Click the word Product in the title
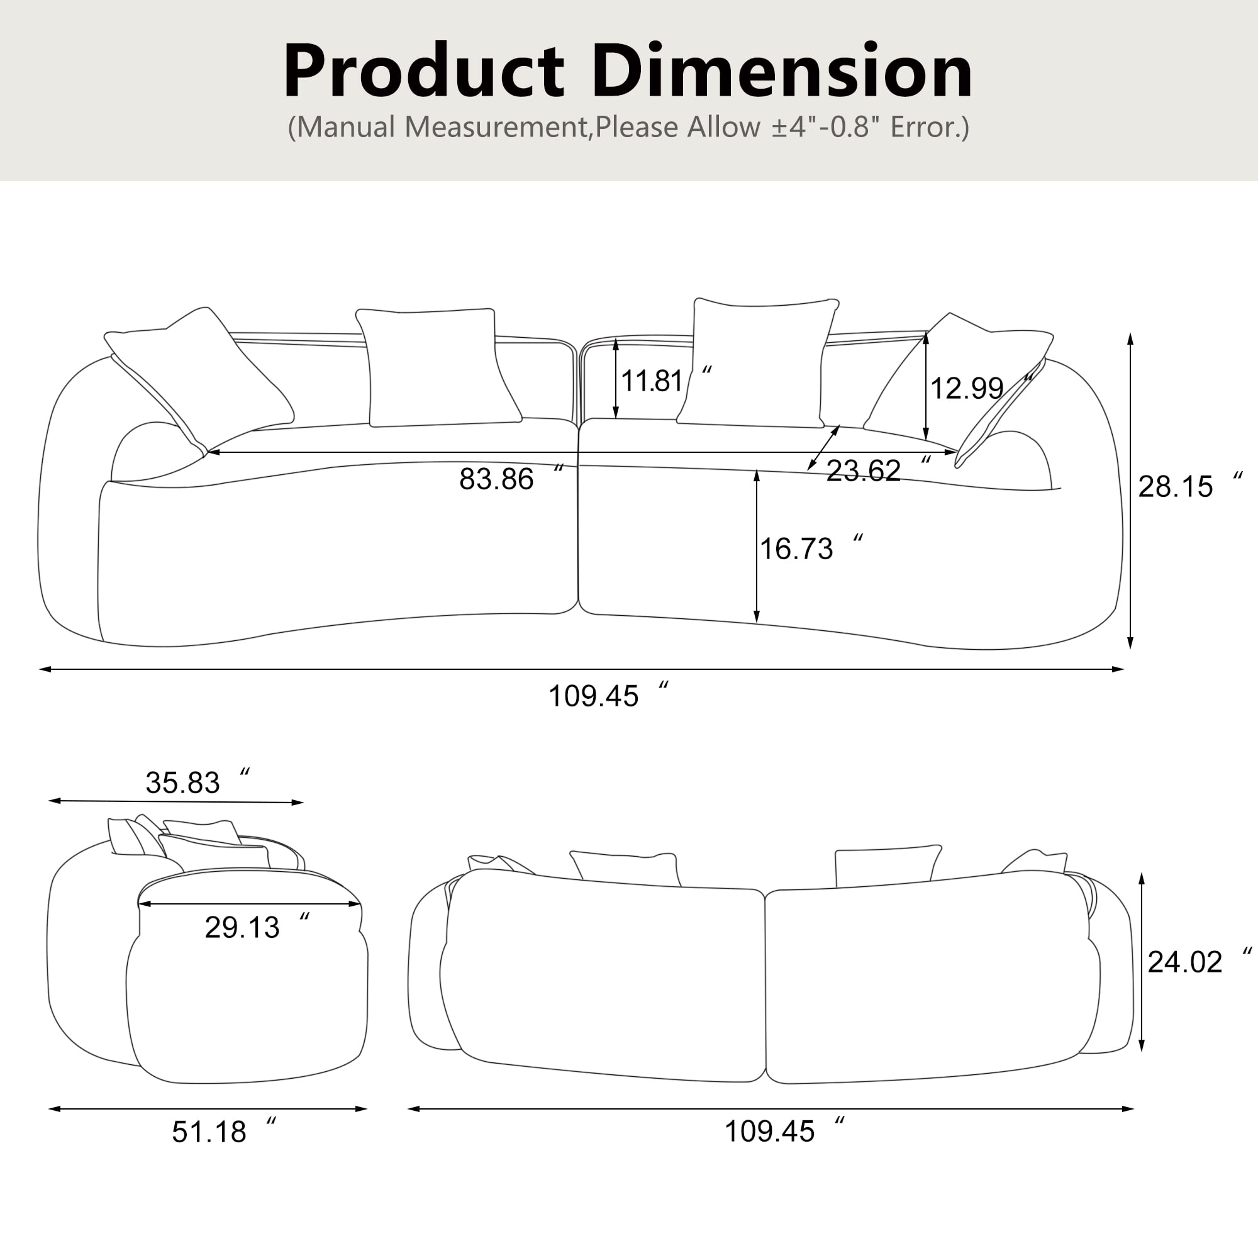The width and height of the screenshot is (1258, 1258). click(423, 71)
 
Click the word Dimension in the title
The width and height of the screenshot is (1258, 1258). click(781, 71)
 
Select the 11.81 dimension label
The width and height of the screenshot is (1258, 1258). click(652, 381)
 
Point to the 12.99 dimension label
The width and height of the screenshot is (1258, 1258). click(966, 389)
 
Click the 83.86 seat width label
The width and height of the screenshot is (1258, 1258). click(496, 479)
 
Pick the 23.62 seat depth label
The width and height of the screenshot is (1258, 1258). click(864, 470)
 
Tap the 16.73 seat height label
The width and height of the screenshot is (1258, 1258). click(796, 549)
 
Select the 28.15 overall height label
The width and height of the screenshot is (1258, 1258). click(1176, 486)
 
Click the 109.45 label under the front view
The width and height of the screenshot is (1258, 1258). click(593, 696)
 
